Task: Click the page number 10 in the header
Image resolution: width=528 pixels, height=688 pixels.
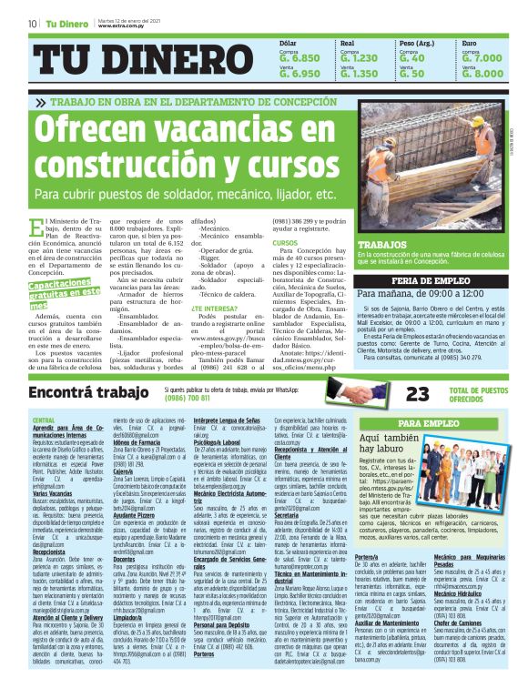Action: [x=33, y=23]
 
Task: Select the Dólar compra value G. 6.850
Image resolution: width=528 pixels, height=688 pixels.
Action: [x=300, y=57]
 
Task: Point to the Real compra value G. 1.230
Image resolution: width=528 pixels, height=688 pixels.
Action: [x=359, y=57]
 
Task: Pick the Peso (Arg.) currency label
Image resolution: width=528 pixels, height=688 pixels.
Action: [x=418, y=43]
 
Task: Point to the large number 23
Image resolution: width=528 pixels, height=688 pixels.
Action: [x=418, y=393]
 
